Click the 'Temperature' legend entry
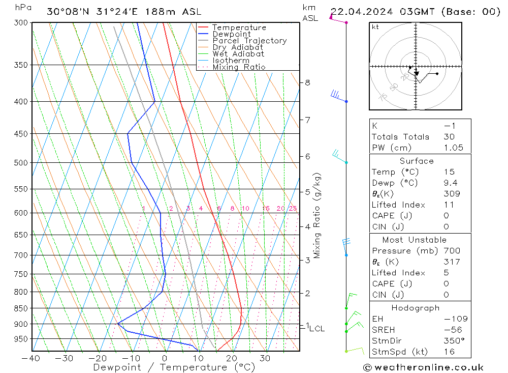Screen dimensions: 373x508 (239, 27)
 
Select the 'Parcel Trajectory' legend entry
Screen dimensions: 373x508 (249, 41)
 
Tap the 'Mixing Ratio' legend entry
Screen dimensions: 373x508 (239, 67)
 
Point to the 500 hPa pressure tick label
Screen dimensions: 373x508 (21, 163)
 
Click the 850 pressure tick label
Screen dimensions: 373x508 (21, 308)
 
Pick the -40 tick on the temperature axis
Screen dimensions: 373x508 (31, 358)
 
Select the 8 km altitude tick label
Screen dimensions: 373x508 (307, 82)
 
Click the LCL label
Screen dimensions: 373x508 (316, 329)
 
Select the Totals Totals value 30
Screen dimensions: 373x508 (449, 137)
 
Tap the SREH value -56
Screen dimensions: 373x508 (452, 330)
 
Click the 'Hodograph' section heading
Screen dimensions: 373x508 (416, 308)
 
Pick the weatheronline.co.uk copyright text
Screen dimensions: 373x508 (423, 367)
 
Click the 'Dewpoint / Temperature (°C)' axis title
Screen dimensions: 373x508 (174, 367)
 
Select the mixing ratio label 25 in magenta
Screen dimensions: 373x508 (293, 208)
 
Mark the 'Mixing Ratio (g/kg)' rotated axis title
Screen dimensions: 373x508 (317, 215)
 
